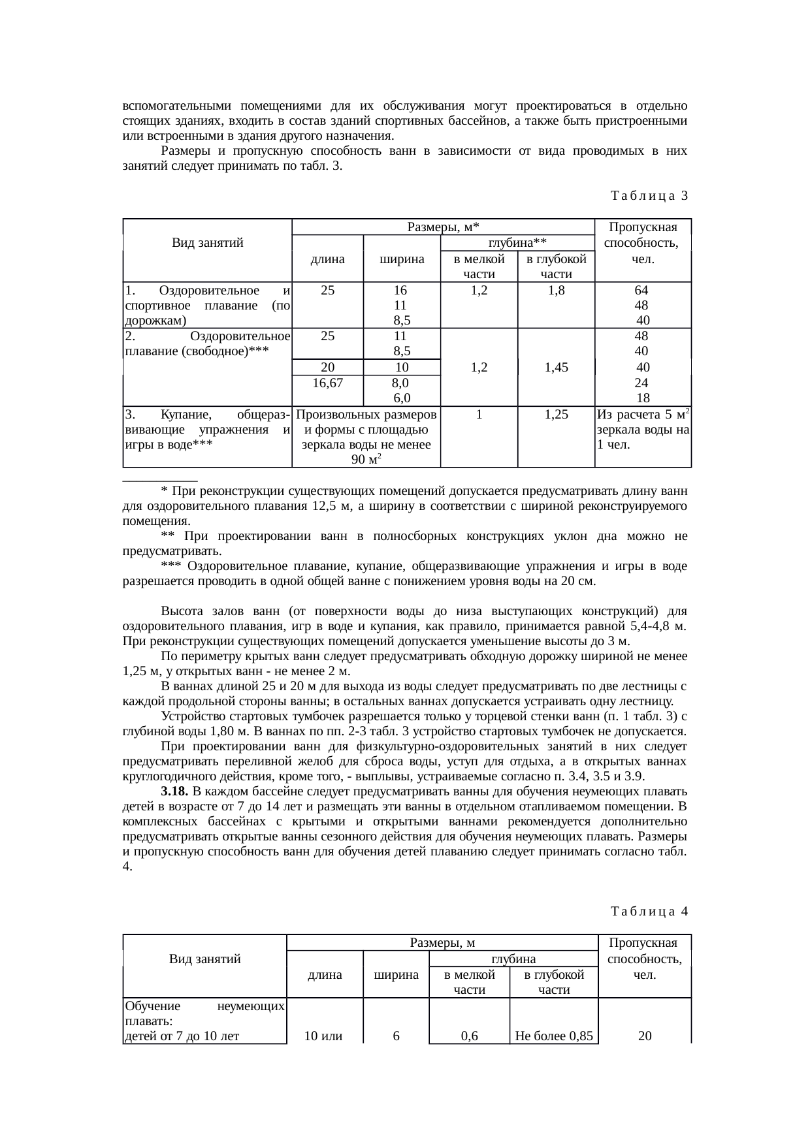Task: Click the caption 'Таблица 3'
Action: [x=649, y=195]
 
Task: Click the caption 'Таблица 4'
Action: [x=649, y=911]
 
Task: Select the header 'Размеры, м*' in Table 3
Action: [x=443, y=227]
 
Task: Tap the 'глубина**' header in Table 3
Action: [x=517, y=243]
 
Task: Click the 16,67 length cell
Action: [x=327, y=383]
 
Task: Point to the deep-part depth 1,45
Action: [x=555, y=367]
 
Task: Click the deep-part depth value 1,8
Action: [x=556, y=290]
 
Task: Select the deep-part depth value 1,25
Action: [x=555, y=414]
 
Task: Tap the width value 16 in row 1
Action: [x=400, y=290]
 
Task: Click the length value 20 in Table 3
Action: [x=327, y=367]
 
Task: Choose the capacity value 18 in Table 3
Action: [x=642, y=398]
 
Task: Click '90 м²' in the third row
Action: [x=366, y=460]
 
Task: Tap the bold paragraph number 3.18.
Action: [x=175, y=791]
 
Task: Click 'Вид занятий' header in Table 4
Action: [x=204, y=959]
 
